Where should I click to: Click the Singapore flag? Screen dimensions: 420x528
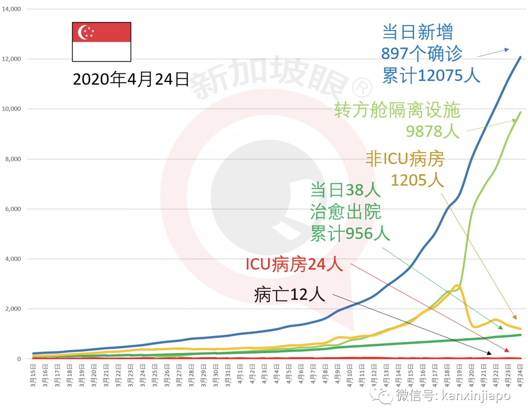coord(102,42)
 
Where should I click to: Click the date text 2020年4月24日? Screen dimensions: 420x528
coord(131,79)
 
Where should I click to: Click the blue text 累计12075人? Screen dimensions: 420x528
coord(431,76)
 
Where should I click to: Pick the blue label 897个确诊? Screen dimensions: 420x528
coord(422,54)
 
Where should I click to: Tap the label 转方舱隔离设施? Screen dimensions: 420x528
coord(397,111)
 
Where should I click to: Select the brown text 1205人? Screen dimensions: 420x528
coord(417,181)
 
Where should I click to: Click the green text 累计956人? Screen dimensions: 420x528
coord(350,234)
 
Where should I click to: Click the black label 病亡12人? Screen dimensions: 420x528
coord(289,294)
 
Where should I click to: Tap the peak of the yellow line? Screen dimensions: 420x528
coord(457,286)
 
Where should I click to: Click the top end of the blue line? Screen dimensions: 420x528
coord(520,57)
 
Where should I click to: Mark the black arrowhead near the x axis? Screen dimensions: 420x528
coord(489,353)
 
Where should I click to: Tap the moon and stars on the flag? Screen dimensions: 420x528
coord(87,32)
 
